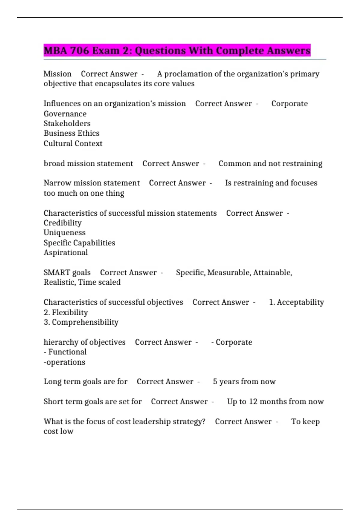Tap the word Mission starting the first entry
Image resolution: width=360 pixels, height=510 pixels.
click(58, 74)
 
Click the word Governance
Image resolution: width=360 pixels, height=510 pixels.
click(65, 114)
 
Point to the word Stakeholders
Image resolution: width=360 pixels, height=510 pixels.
click(67, 123)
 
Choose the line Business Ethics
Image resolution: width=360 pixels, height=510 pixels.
click(71, 133)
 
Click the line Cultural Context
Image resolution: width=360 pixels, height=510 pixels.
click(73, 143)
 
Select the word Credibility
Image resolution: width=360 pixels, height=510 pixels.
click(62, 223)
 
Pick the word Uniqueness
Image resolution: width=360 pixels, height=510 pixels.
click(64, 232)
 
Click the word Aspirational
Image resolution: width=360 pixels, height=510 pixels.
click(66, 253)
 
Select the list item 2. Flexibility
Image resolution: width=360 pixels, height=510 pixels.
click(66, 312)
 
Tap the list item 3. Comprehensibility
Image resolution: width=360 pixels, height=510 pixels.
click(81, 322)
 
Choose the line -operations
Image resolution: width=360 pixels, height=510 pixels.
click(64, 362)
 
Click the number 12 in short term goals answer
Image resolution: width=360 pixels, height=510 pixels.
click(253, 401)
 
